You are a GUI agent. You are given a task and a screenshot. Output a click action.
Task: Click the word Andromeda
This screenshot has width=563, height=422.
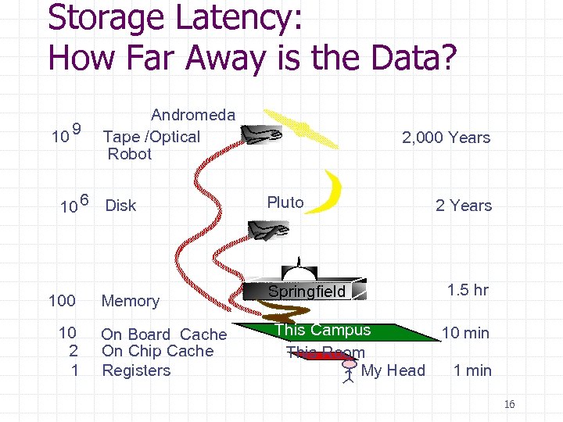pos(193,116)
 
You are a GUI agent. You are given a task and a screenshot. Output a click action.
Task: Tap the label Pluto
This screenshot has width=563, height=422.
pos(285,202)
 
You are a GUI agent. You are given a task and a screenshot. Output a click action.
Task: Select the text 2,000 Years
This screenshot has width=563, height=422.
pos(446,138)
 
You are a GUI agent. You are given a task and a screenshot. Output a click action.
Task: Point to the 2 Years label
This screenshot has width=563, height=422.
pos(464,206)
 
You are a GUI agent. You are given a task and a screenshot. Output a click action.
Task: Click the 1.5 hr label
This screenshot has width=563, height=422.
pos(468,290)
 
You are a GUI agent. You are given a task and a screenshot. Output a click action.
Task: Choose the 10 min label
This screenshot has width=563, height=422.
pos(465,333)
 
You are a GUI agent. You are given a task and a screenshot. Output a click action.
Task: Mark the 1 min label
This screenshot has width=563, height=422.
pos(472,370)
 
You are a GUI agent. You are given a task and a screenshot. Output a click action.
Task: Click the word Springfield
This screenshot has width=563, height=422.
pos(307,292)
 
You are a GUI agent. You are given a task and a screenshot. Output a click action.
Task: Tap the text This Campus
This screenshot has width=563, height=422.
pos(323,330)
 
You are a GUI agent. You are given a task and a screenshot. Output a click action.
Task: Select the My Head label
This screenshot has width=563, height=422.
pos(393,370)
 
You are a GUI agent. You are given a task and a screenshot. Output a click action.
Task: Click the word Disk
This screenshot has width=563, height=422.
pos(120,206)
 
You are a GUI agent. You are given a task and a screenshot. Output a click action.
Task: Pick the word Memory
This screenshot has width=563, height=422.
pos(131,301)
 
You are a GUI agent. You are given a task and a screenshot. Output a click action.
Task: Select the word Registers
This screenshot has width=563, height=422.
pos(136,370)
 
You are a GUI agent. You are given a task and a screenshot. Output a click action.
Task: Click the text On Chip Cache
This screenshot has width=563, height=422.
pos(157,352)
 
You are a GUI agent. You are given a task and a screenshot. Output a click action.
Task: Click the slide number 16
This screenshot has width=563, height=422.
pos(509,404)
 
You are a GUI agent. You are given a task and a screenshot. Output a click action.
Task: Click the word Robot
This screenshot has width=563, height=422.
pos(130,154)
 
